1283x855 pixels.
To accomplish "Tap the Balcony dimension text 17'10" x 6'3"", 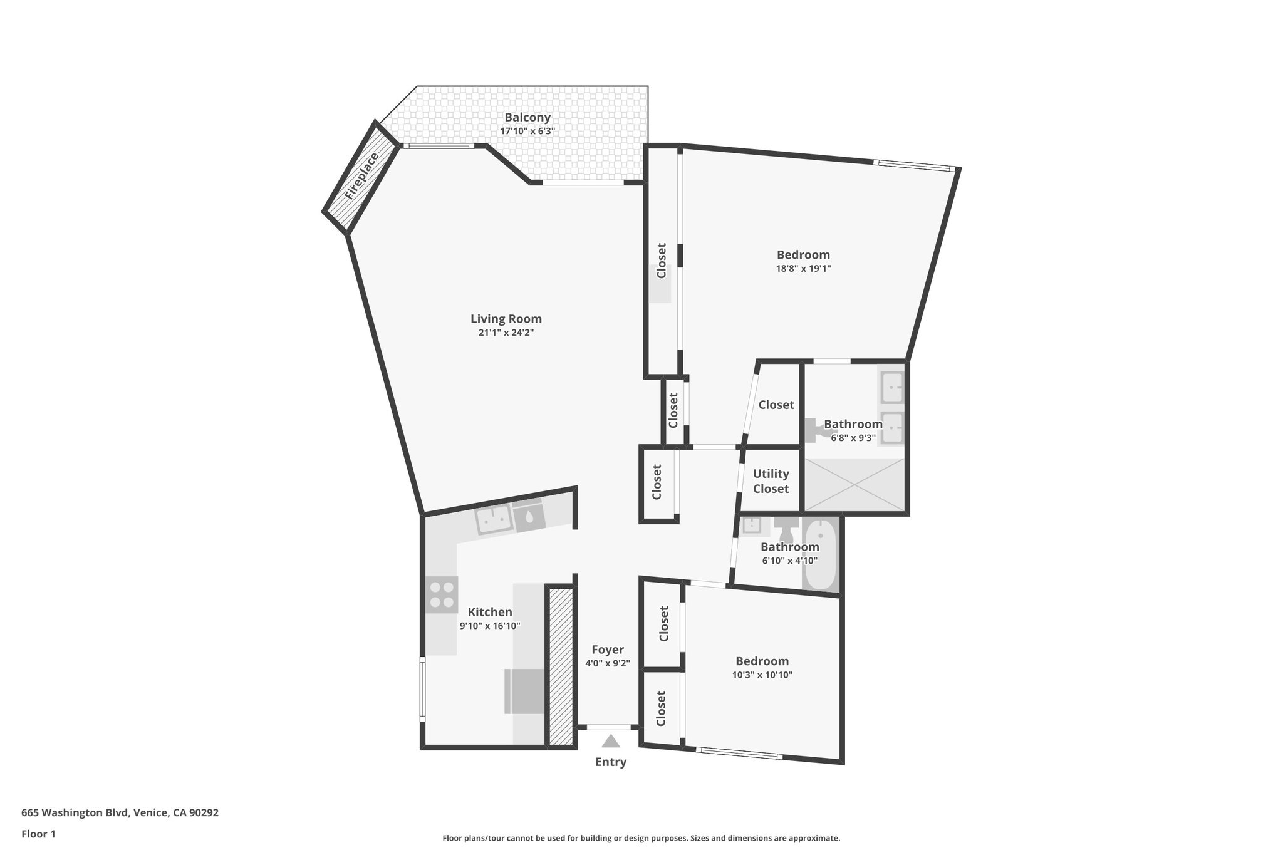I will pos(527,132).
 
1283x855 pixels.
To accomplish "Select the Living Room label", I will pos(506,319).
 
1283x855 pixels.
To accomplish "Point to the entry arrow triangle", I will pos(611,742).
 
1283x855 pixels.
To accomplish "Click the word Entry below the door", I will pos(611,762).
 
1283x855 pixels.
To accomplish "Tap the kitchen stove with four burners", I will pos(442,595).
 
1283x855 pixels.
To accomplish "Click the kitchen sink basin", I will pos(494,519).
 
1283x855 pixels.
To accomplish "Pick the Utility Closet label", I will pos(771,481).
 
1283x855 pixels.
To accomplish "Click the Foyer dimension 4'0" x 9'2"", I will pos(607,663).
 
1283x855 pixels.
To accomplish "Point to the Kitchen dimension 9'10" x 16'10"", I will pos(490,626).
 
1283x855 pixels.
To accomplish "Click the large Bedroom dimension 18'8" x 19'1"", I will pos(803,269).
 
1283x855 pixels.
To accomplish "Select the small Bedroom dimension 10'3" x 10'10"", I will pos(762,675).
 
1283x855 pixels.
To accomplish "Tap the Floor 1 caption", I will pos(38,834).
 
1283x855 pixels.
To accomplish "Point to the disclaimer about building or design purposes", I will pos(641,838).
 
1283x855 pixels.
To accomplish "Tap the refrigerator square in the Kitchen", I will pos(524,691).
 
